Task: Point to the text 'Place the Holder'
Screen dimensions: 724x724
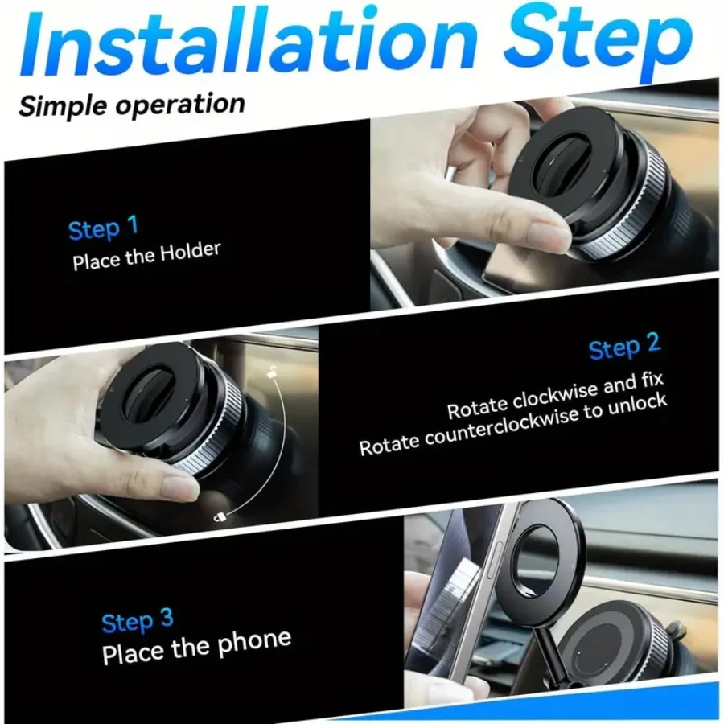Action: [x=146, y=257]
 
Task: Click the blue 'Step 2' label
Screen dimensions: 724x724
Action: [x=624, y=348]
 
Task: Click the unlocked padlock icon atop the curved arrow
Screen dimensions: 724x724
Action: [x=274, y=372]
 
